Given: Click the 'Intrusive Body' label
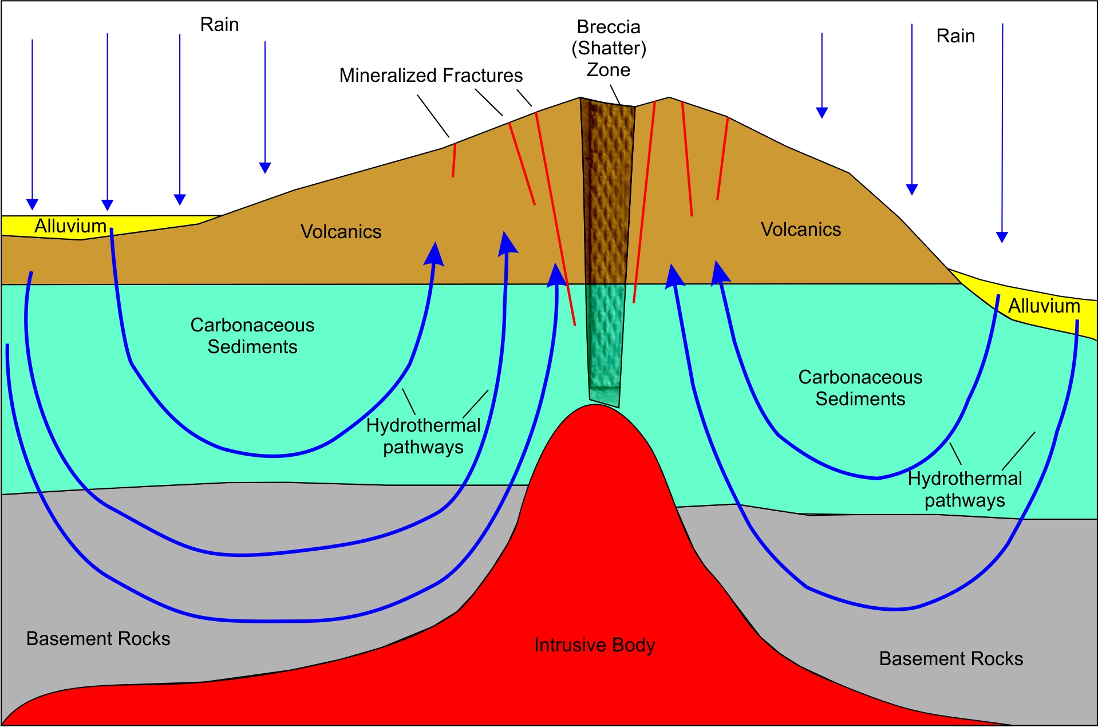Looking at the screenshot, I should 594,645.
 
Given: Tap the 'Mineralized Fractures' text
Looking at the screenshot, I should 430,76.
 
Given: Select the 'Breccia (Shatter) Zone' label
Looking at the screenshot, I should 609,48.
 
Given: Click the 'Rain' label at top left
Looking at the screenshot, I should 219,25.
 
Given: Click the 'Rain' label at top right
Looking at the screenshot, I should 955,36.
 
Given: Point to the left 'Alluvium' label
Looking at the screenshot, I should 70,226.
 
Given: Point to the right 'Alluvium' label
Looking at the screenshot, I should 1044,306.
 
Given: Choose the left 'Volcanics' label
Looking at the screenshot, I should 341,232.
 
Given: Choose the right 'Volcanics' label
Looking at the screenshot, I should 800,230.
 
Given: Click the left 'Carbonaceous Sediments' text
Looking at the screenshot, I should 252,336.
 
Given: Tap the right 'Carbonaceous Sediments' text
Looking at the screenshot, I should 860,388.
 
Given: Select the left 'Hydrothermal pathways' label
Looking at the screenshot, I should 423,436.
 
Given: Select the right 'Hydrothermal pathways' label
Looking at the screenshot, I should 965,489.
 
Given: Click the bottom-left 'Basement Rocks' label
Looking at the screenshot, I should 98,639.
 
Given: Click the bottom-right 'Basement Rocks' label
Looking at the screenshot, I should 950,659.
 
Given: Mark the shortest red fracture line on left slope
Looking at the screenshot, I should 454,160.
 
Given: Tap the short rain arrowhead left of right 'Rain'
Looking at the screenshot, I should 822,113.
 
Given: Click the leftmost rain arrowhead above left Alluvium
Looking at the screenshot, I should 32,205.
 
